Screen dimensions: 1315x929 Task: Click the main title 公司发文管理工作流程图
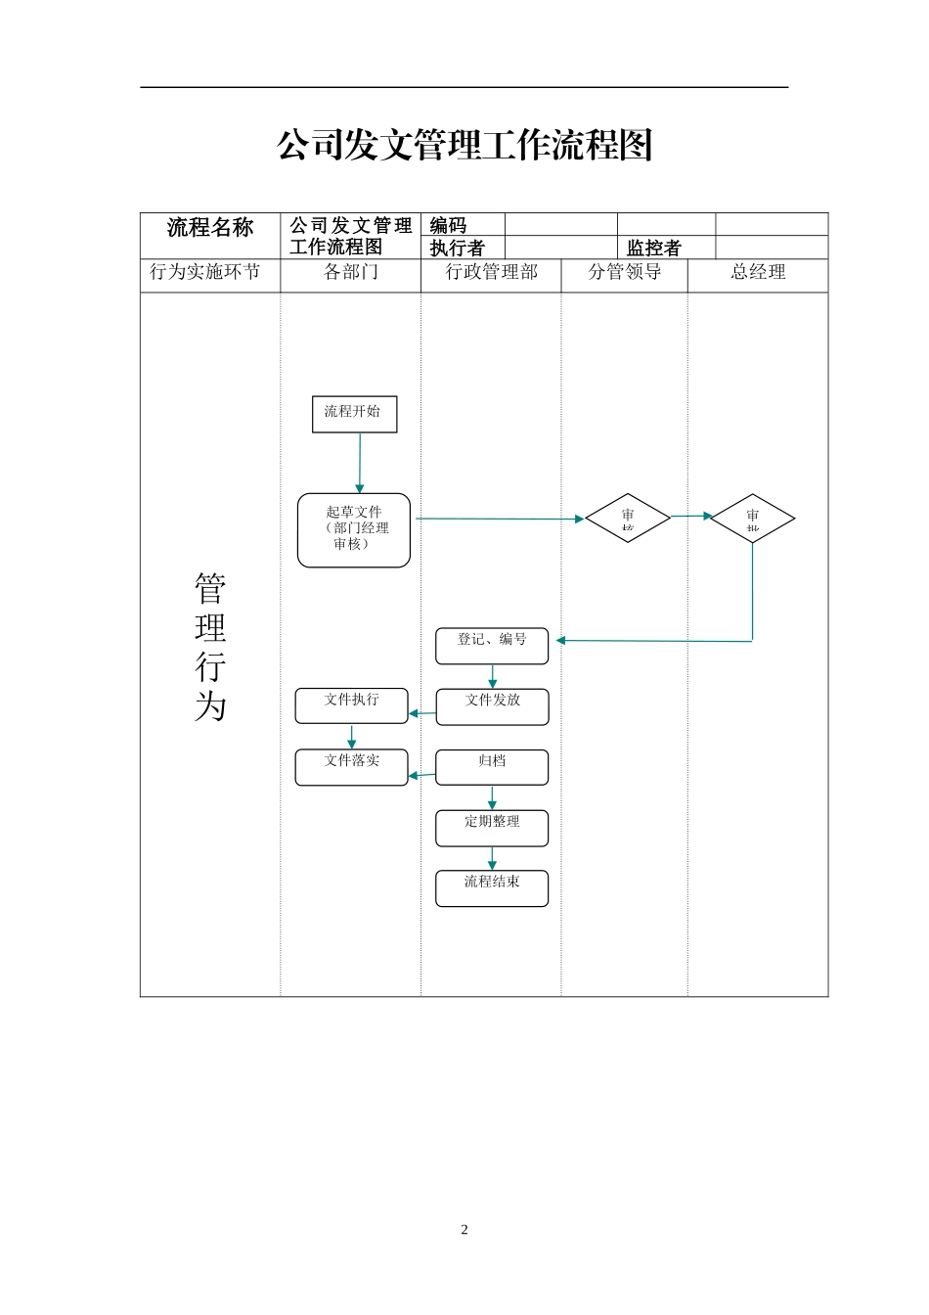464,146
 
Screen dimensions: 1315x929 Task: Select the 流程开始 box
354,414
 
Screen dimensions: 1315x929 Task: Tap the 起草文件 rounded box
354,529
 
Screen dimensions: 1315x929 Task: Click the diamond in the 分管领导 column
628,518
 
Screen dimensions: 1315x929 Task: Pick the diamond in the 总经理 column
752,518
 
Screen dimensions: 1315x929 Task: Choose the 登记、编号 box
492,646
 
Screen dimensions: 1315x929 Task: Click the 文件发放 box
492,706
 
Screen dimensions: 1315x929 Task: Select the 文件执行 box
351,705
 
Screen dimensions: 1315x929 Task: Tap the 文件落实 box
351,767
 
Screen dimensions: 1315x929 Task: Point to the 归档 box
492,767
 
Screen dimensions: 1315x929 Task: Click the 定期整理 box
492,828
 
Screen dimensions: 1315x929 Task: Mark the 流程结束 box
492,888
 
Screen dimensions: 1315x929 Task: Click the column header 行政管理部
492,272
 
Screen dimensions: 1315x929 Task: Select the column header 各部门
351,272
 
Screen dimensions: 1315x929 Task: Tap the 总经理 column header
758,272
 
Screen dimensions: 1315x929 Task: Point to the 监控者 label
653,249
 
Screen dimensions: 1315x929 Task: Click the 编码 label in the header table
448,225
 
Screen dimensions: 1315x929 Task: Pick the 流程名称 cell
210,228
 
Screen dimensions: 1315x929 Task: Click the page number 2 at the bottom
464,1230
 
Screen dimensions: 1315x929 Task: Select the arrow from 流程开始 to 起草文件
360,462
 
